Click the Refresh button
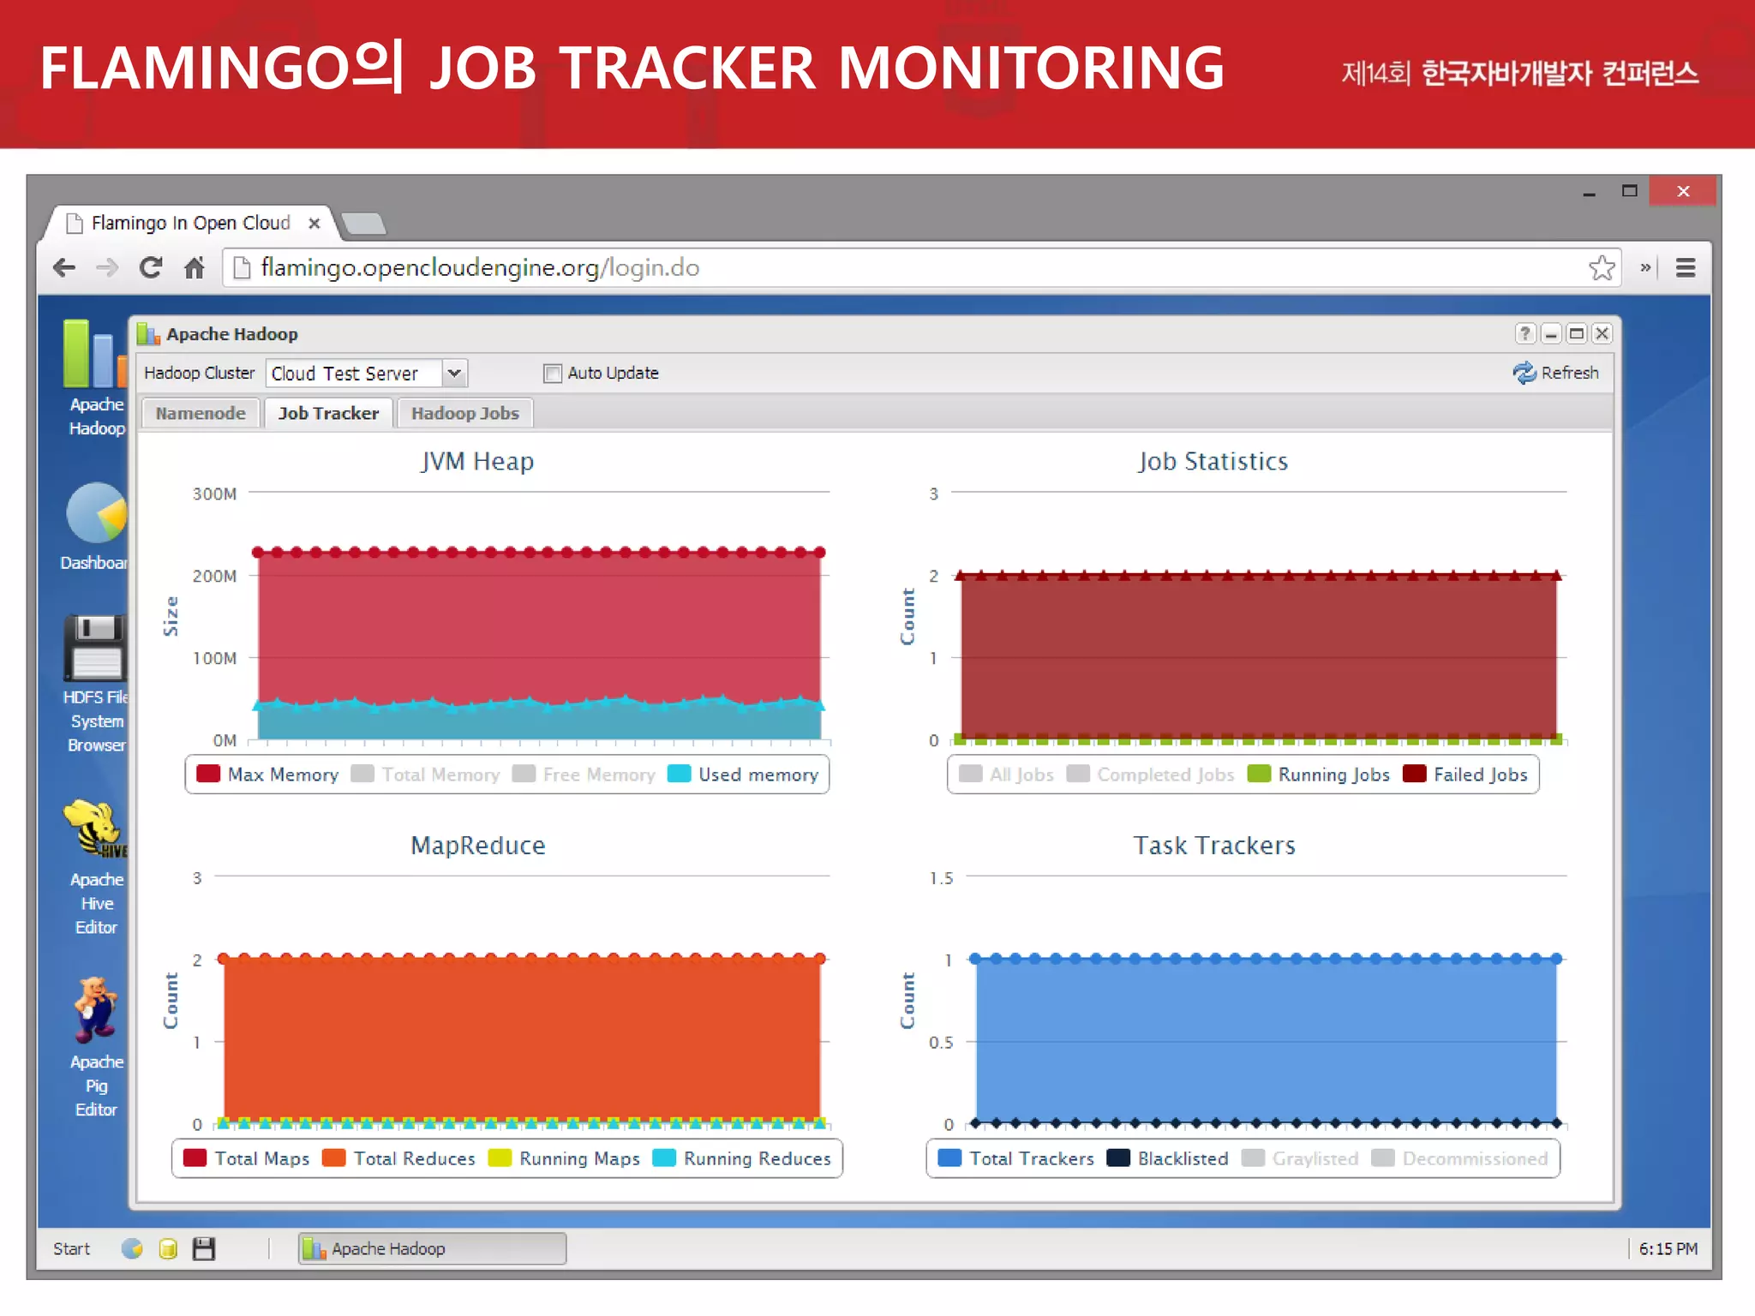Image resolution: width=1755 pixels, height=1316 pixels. (1556, 373)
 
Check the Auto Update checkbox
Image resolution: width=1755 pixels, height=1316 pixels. (553, 374)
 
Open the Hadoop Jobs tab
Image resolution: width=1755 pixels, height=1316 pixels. (464, 413)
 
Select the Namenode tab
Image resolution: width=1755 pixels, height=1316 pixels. (201, 413)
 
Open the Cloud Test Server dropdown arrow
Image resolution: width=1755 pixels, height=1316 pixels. (454, 373)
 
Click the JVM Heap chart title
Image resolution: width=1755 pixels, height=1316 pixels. (477, 462)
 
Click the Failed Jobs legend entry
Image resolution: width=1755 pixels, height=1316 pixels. (1466, 775)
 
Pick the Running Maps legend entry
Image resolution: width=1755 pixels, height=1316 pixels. (565, 1158)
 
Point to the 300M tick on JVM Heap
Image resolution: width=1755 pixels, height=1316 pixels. (214, 494)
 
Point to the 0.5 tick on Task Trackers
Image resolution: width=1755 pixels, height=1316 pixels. (940, 1043)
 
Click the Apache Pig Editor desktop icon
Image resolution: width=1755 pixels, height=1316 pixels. (96, 1011)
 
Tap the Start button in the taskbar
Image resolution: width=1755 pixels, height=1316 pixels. (71, 1248)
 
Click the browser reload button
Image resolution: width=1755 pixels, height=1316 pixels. (151, 268)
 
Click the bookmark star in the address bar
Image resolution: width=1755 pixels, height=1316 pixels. (1601, 268)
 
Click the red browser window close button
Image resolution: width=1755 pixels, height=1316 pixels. (1682, 191)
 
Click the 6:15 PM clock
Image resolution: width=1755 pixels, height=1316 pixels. (1668, 1248)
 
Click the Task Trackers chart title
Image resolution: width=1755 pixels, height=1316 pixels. (1213, 846)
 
